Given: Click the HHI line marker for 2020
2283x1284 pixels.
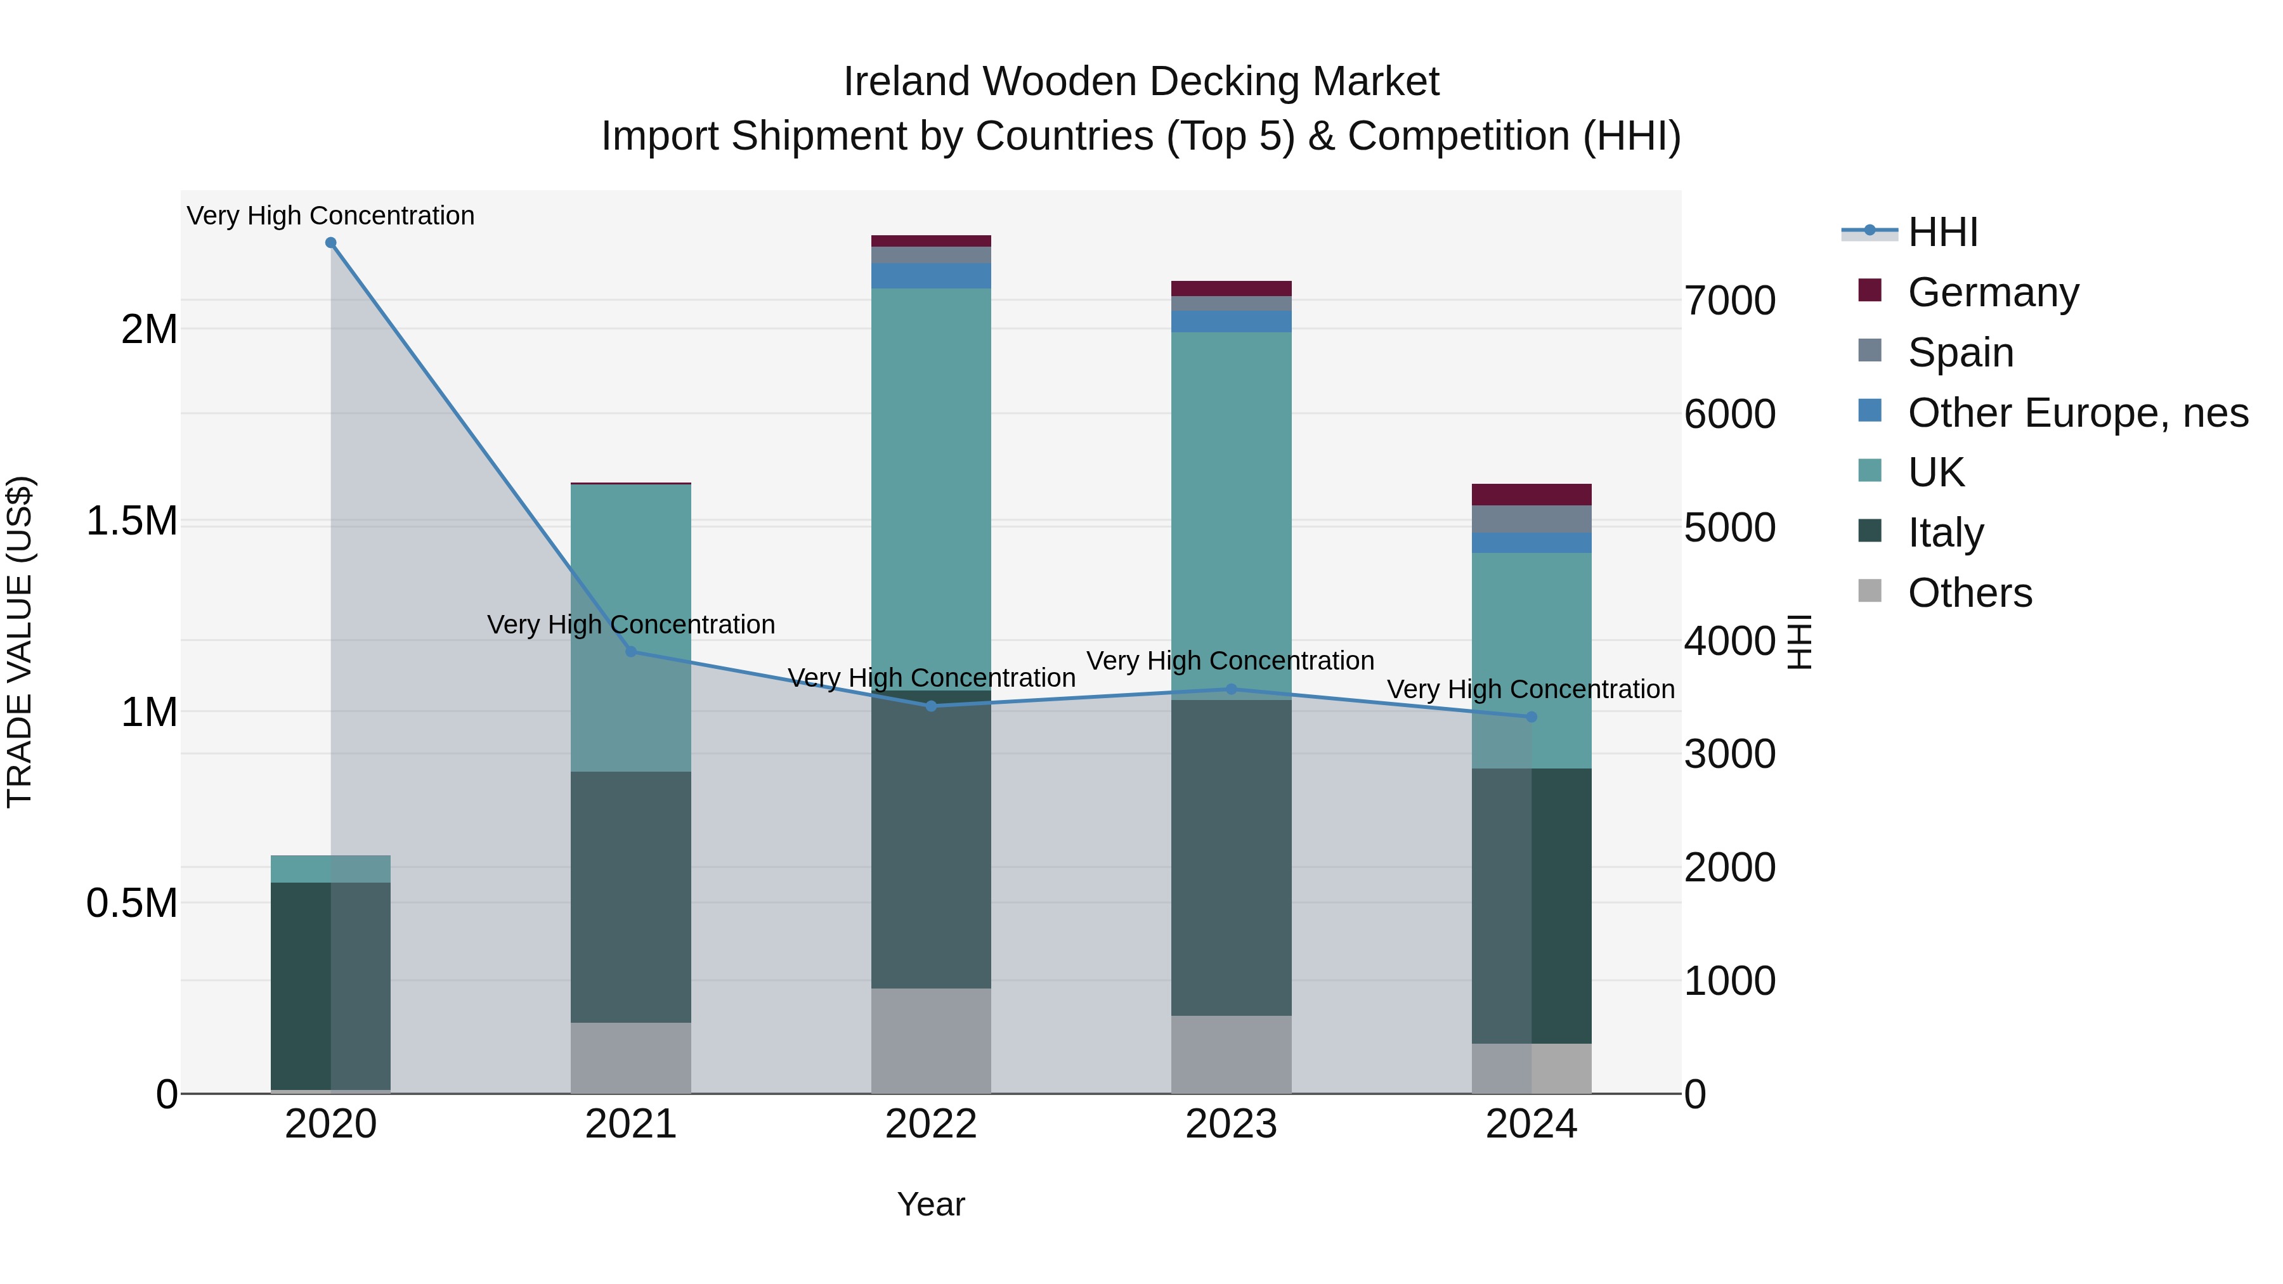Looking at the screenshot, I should [330, 243].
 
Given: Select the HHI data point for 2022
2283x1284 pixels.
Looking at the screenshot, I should [930, 706].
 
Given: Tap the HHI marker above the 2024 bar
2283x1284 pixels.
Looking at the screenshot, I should [1532, 717].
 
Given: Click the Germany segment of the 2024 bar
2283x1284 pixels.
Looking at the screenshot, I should [1532, 495].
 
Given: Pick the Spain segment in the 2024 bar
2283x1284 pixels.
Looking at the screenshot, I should [1532, 519].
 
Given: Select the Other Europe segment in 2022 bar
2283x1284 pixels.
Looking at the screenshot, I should [930, 276].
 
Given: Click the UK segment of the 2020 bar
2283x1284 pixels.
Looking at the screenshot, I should [330, 869].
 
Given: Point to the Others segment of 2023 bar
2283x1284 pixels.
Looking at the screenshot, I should [1231, 1054].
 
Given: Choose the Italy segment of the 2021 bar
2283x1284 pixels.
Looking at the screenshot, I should [630, 897].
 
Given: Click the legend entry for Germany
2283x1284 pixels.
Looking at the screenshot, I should [1993, 292].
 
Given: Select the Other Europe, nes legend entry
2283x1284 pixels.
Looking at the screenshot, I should [2078, 413].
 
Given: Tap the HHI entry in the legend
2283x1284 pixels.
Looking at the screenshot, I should [1942, 232].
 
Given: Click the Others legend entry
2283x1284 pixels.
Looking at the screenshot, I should [1969, 593].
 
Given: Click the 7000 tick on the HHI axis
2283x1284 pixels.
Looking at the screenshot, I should [1730, 301].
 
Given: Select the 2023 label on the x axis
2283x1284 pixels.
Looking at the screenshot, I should [1231, 1124].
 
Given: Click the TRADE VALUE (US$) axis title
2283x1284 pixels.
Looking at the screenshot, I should [20, 642].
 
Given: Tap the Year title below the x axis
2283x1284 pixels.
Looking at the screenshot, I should [930, 1204].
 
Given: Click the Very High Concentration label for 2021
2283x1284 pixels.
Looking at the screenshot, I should [630, 625].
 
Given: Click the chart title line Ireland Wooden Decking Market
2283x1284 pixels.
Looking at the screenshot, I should [1141, 82].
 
